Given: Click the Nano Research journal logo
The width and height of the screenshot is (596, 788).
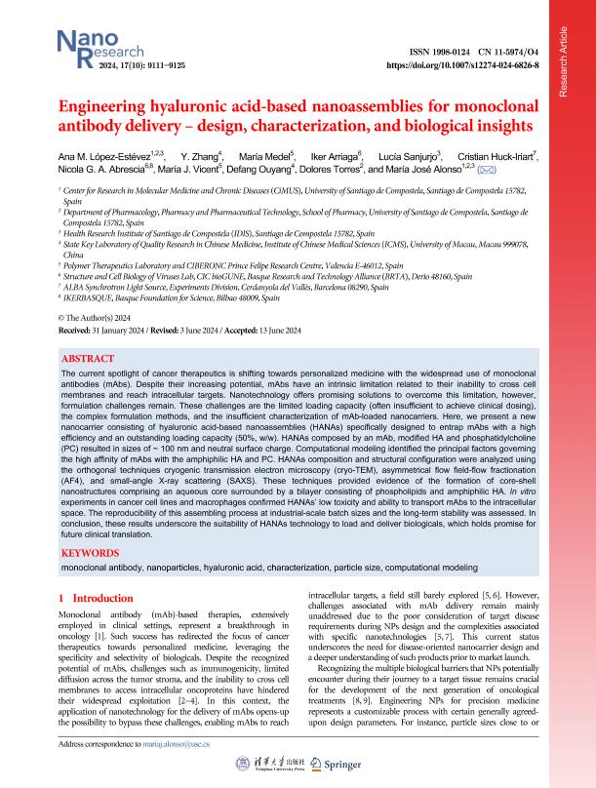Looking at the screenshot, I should click(x=85, y=47).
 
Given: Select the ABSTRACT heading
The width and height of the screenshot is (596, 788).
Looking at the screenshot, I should click(x=88, y=358).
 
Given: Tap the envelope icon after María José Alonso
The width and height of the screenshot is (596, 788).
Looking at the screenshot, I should click(x=486, y=169).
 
